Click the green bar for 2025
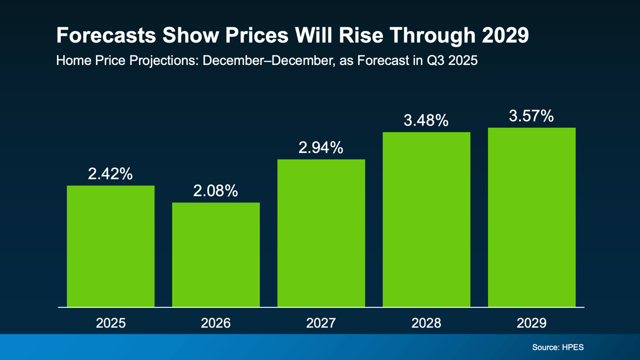110,246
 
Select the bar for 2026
216,254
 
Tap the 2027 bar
321,233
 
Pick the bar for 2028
426,219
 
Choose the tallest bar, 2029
531,217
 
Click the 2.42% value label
110,173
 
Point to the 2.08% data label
216,190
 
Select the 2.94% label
321,147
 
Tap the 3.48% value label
426,120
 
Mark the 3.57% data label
531,116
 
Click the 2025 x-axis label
110,323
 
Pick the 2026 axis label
216,323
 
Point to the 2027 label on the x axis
321,323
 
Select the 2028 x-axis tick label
426,323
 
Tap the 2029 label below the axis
531,323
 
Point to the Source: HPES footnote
558,346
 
